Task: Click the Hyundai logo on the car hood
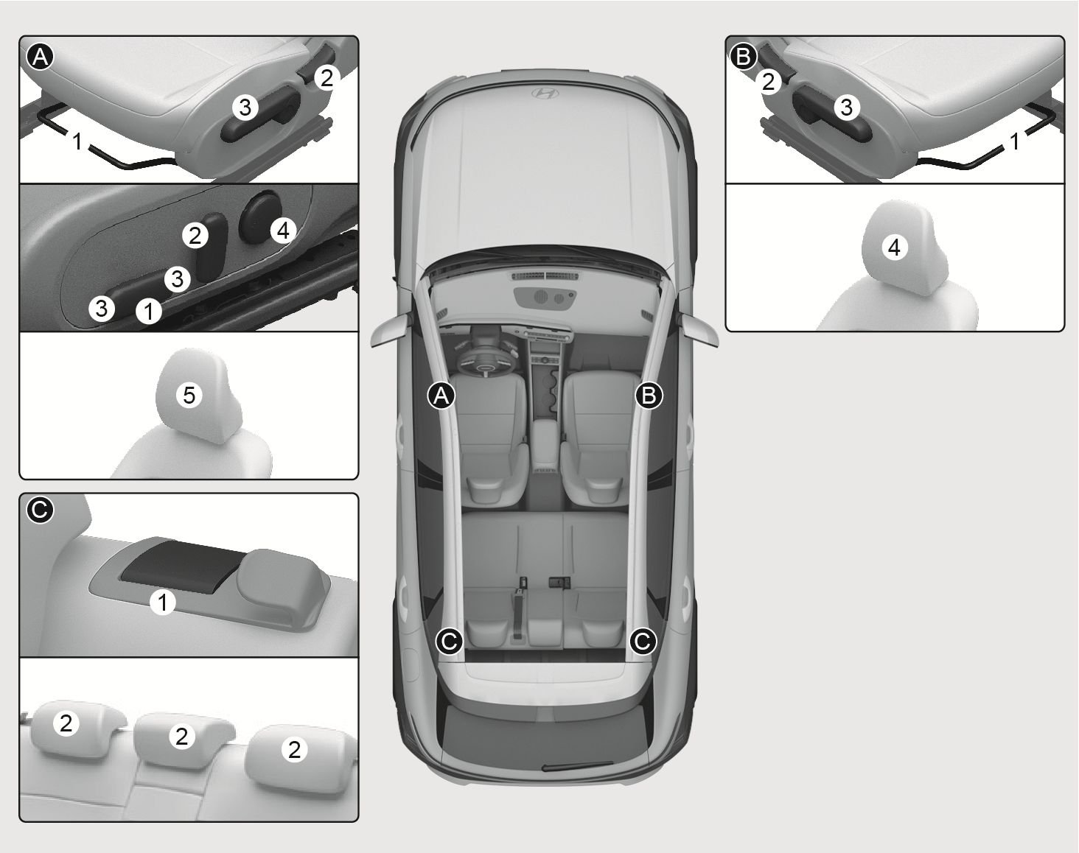click(x=545, y=94)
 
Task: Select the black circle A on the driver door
click(x=441, y=396)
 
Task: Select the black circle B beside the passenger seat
click(x=649, y=396)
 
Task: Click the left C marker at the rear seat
click(x=450, y=641)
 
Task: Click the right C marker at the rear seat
click(x=643, y=641)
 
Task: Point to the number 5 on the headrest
click(x=189, y=396)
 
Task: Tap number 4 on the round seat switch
click(x=283, y=231)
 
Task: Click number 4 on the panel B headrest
click(x=894, y=248)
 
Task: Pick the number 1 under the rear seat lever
click(x=163, y=602)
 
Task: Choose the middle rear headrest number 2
click(x=182, y=736)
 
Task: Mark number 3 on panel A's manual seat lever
click(x=245, y=108)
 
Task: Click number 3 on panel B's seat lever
click(x=846, y=108)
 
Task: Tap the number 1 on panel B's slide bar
click(x=1014, y=142)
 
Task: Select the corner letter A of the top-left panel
click(x=40, y=57)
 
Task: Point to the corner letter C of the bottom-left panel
click(x=40, y=510)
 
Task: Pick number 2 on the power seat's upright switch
click(x=195, y=235)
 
